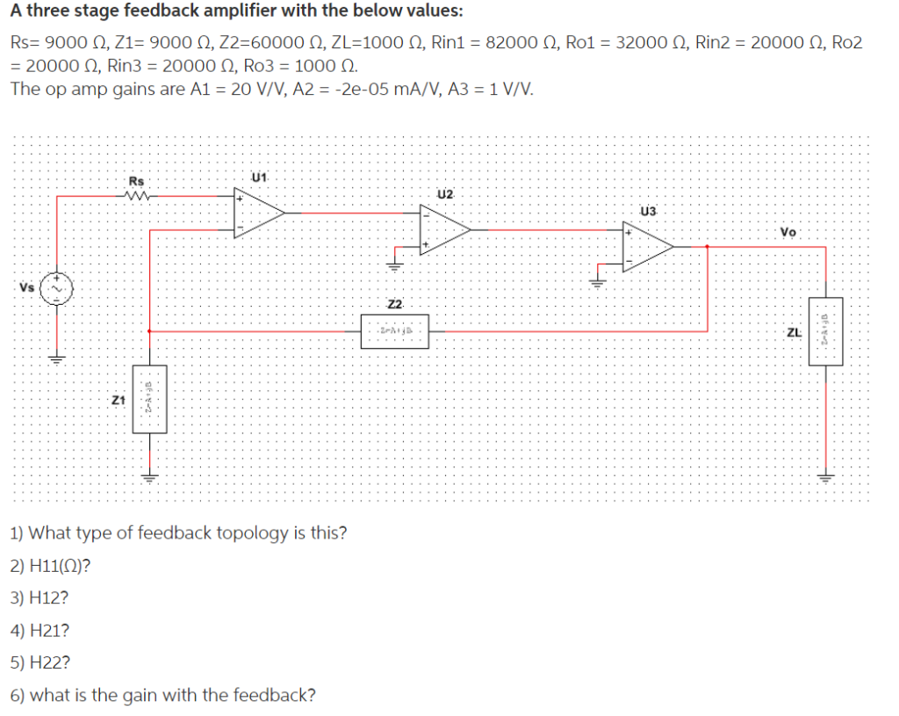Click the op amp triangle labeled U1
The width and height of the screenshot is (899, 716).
257,212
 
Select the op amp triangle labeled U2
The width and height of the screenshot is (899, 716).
443,229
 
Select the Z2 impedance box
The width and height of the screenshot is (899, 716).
395,330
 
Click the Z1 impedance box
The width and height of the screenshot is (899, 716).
148,400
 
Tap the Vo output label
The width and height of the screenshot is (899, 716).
788,232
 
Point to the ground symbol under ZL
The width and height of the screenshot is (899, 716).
825,478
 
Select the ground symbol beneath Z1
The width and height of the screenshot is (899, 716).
148,478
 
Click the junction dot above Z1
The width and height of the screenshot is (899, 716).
148,331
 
